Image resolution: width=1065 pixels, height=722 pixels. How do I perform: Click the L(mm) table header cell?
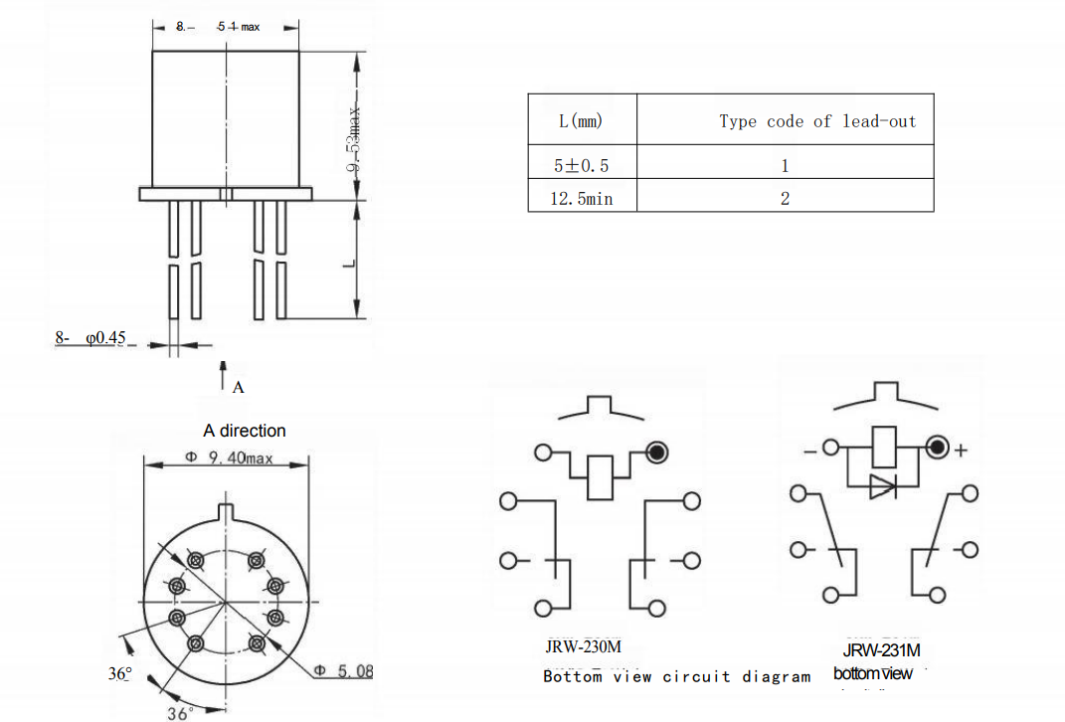tap(582, 120)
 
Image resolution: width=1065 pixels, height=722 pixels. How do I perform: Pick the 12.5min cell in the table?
tap(582, 199)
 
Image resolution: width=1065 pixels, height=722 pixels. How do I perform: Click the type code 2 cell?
tap(785, 199)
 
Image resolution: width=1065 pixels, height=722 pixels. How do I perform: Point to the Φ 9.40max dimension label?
tap(230, 458)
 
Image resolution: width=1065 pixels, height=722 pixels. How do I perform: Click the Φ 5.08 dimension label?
tap(343, 671)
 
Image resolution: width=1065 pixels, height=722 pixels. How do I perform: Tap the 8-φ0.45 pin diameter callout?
tap(90, 338)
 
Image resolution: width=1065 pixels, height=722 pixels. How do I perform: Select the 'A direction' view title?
tap(244, 431)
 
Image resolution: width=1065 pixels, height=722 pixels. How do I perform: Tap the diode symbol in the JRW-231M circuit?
tap(882, 486)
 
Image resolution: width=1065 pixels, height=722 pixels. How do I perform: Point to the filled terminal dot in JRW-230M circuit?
tap(655, 452)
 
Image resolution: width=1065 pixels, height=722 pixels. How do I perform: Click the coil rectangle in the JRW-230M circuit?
tap(600, 476)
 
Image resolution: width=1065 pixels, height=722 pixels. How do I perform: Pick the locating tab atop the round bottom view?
tap(226, 513)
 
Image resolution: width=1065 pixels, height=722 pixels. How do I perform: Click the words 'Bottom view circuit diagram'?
tap(676, 677)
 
